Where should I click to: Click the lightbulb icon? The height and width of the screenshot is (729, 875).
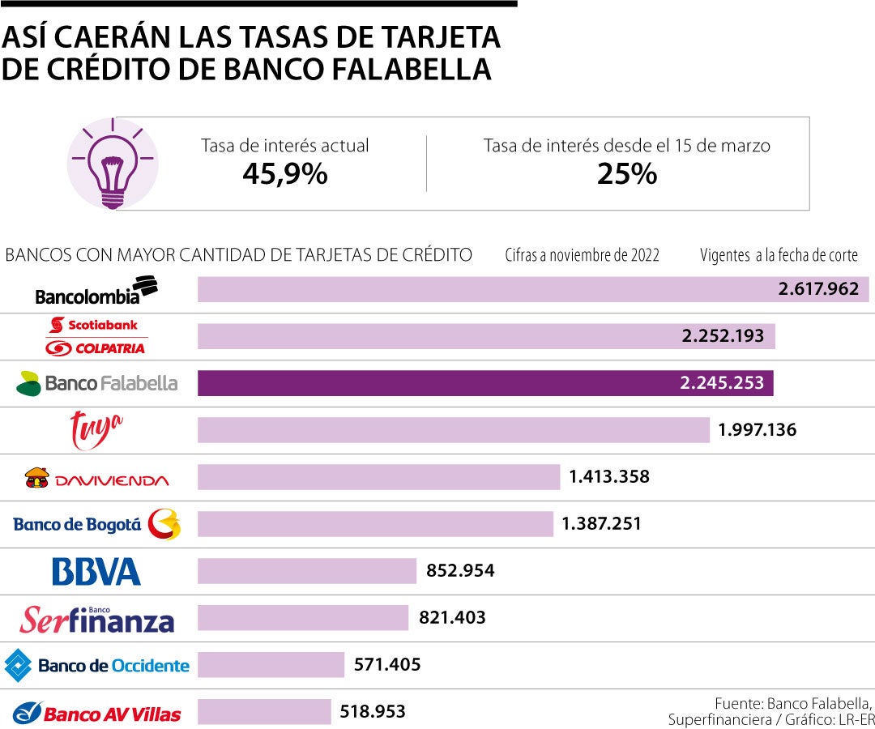click(112, 163)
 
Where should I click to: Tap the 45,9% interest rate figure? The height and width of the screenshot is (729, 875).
click(285, 173)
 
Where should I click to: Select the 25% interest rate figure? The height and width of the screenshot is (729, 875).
click(626, 173)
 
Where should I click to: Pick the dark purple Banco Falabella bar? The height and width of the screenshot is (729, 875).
click(485, 383)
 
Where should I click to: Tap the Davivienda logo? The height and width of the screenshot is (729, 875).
click(96, 478)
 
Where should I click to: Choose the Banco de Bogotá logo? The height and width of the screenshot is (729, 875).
click(96, 525)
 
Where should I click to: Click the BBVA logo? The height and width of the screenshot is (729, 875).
click(96, 571)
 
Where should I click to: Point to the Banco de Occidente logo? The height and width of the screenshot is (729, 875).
click(96, 666)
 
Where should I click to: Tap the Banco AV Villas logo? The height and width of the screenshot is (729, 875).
click(96, 713)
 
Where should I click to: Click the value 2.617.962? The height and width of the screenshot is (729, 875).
click(818, 289)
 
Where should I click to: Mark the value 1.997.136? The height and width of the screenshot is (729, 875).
click(757, 430)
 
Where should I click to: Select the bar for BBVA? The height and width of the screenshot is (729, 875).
click(307, 571)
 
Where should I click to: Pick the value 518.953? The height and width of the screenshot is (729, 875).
click(373, 712)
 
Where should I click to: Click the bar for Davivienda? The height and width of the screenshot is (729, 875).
click(378, 477)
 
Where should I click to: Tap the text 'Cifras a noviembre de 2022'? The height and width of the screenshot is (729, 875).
click(582, 256)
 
